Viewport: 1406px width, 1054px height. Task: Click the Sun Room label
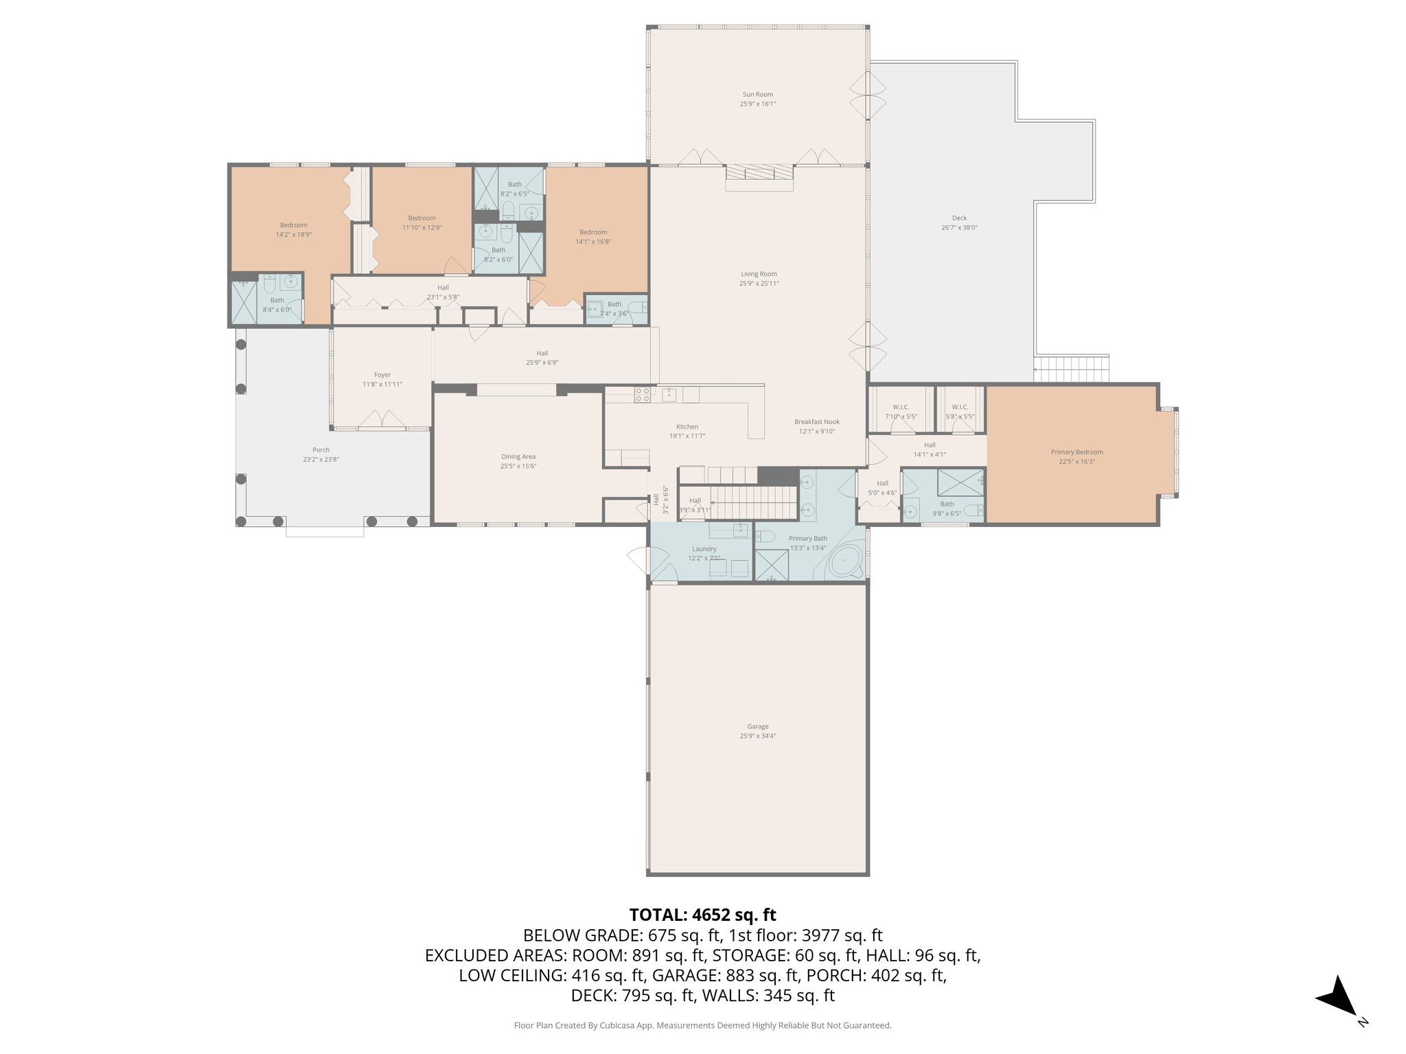(757, 95)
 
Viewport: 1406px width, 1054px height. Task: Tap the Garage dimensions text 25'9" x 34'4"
(757, 736)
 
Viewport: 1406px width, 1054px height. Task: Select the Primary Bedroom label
(1076, 452)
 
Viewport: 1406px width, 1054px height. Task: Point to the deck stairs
(1071, 369)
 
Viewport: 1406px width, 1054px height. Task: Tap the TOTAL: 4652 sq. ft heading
(702, 915)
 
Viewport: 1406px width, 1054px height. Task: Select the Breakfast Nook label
(817, 422)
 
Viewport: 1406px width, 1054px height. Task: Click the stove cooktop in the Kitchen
(643, 395)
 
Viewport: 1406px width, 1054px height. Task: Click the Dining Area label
(518, 457)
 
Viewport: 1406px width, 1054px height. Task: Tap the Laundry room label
(704, 549)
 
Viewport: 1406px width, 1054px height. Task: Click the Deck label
(959, 218)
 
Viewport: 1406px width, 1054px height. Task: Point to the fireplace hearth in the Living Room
(759, 177)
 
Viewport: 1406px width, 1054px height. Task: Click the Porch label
(321, 450)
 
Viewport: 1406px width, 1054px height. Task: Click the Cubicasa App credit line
(702, 1025)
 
